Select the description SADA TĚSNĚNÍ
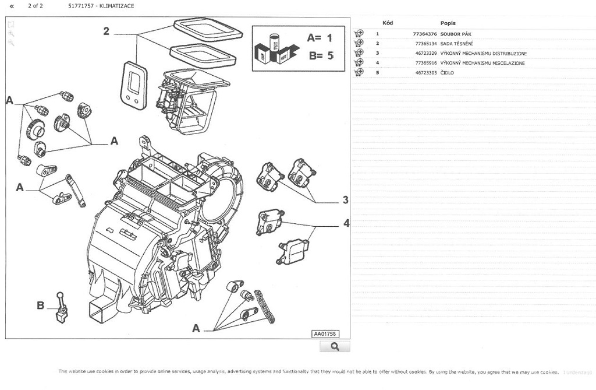click(456, 44)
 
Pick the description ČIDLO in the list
click(447, 73)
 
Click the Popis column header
click(448, 23)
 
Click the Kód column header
click(388, 23)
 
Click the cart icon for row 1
click(359, 34)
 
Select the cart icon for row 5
click(359, 73)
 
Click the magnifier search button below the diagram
click(335, 347)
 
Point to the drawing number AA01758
click(325, 334)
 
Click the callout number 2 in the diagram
click(106, 31)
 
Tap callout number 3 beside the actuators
click(345, 200)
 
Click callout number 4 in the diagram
click(346, 223)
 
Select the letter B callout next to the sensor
click(40, 305)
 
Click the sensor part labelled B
click(60, 307)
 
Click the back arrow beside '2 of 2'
click(12, 6)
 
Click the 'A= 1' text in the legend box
click(320, 38)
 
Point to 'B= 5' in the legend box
click(320, 56)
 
